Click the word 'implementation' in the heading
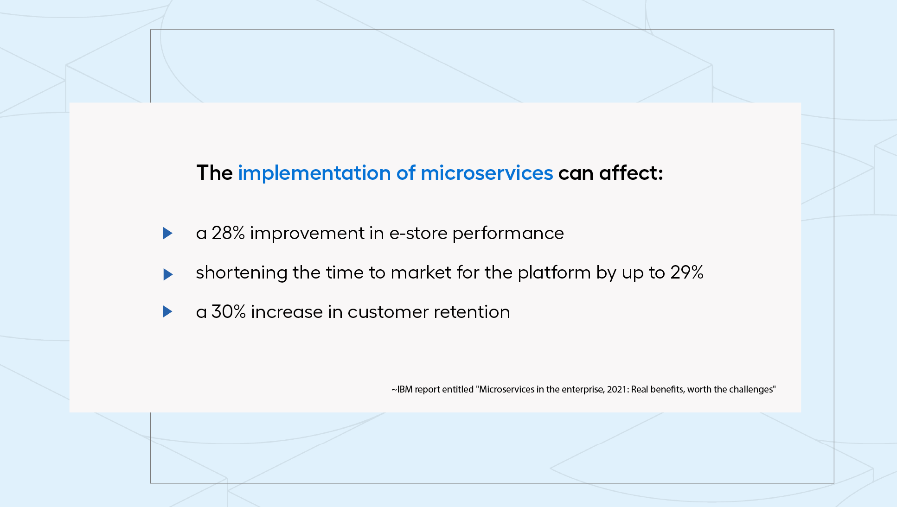pyautogui.click(x=314, y=173)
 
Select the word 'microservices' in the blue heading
pyautogui.click(x=487, y=173)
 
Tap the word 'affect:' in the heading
pyautogui.click(x=631, y=172)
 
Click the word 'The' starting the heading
pyautogui.click(x=214, y=172)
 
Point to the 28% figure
pyautogui.click(x=228, y=233)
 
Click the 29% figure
pyautogui.click(x=687, y=273)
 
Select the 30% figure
pyautogui.click(x=229, y=312)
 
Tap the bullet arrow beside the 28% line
pyautogui.click(x=168, y=233)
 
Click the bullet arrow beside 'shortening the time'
pyautogui.click(x=168, y=274)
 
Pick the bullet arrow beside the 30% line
pyautogui.click(x=168, y=311)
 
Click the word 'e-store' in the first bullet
pyautogui.click(x=418, y=233)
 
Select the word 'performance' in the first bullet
pyautogui.click(x=508, y=234)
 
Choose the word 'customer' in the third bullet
pyautogui.click(x=388, y=312)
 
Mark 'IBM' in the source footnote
pyautogui.click(x=404, y=389)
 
